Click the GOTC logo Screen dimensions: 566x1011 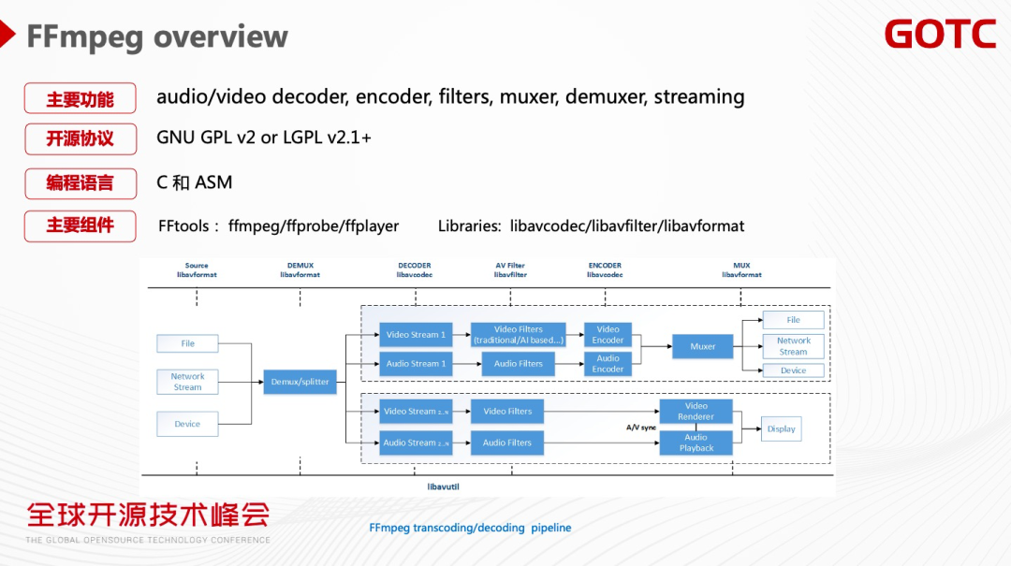pyautogui.click(x=940, y=35)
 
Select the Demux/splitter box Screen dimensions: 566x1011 pyautogui.click(x=300, y=382)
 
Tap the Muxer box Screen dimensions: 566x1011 pyautogui.click(x=703, y=346)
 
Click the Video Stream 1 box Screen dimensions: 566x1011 pyautogui.click(x=416, y=335)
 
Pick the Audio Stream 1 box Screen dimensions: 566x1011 pyautogui.click(x=416, y=364)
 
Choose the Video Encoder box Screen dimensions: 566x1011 pyautogui.click(x=608, y=335)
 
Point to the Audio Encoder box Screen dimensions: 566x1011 pyautogui.click(x=608, y=364)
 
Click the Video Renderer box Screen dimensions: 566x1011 pyautogui.click(x=696, y=411)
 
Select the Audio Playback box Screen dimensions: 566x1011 pyautogui.click(x=696, y=443)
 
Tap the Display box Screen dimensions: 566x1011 pyautogui.click(x=781, y=429)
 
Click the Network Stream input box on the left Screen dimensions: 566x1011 pyautogui.click(x=187, y=382)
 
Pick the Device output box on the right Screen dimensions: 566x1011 pyautogui.click(x=793, y=370)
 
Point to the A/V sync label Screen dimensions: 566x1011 pyautogui.click(x=641, y=428)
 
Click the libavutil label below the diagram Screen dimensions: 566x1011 pyautogui.click(x=443, y=487)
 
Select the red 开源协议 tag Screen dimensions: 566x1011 pyautogui.click(x=81, y=138)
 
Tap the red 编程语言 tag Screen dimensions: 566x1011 pyautogui.click(x=81, y=182)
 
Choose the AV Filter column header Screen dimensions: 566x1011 pyautogui.click(x=510, y=270)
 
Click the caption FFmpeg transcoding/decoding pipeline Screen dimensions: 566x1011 pyautogui.click(x=470, y=528)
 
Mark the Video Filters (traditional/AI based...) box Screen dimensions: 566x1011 pyautogui.click(x=518, y=335)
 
